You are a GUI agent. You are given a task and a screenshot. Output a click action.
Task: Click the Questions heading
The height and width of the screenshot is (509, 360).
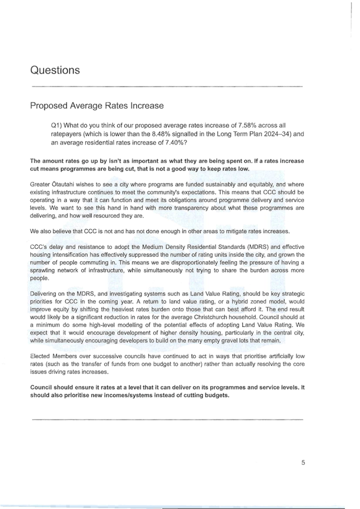(55, 70)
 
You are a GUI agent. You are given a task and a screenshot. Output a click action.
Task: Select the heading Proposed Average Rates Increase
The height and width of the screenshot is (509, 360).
(97, 106)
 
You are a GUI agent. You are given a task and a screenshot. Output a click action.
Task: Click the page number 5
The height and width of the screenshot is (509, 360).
(303, 462)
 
